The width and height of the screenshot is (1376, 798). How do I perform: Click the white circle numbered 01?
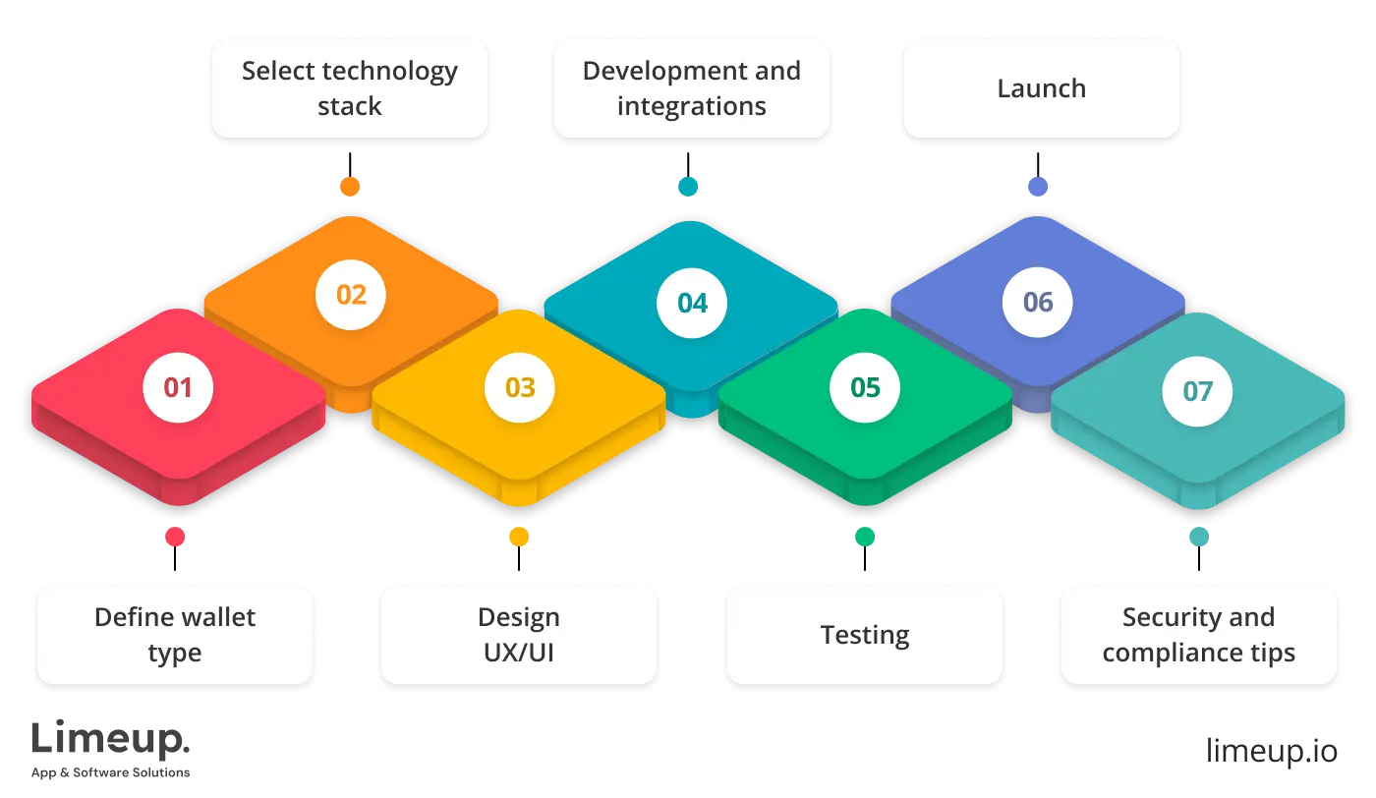coord(178,387)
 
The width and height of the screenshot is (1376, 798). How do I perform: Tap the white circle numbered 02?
coord(351,294)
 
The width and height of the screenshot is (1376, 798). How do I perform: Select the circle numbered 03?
coord(520,387)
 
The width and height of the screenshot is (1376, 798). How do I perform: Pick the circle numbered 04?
coord(692,303)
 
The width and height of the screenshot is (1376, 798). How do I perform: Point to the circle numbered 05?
coord(865,387)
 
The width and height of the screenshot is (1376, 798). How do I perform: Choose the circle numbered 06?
coord(1038,302)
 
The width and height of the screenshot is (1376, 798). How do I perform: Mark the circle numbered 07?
coord(1197,391)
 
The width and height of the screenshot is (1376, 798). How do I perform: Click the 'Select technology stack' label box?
coord(350,88)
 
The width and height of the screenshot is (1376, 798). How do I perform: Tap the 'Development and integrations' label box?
coord(691,88)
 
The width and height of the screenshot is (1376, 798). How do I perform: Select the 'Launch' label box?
coord(1041,88)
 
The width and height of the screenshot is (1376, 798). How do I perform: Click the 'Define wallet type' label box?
coord(175,635)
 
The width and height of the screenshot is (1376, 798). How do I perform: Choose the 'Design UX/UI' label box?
coord(518,635)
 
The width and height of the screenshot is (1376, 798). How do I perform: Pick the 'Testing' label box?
coord(865,635)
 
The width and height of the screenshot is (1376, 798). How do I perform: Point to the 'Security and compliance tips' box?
coord(1198,635)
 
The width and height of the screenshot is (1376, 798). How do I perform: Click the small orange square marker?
coord(350,186)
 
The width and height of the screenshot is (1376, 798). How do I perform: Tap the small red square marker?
coord(176,537)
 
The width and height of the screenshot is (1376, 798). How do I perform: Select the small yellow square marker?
coord(519,537)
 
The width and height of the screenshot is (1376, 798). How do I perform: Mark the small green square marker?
coord(865,537)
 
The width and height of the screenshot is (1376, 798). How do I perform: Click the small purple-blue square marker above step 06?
coord(1038,186)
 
